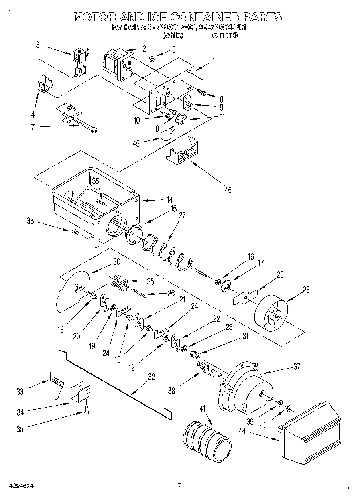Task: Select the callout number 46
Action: pos(228,190)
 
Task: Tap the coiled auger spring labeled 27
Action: pos(165,252)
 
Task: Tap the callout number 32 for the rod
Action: pos(151,377)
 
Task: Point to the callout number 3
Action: pos(37,45)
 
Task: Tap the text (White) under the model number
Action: pos(173,35)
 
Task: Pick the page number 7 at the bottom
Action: pos(180,485)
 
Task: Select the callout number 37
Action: pos(296,366)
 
